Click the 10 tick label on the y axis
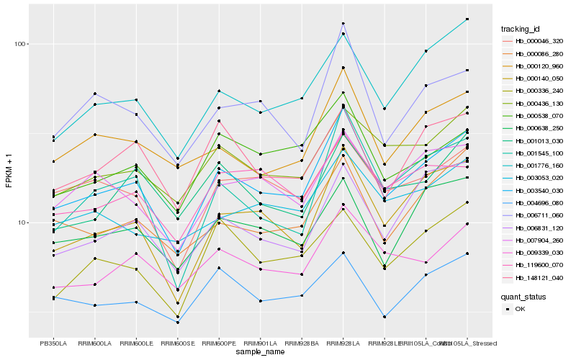[22, 222]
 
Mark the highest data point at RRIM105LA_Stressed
[467, 19]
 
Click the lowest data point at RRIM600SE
[177, 323]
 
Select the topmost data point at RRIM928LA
[343, 23]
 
